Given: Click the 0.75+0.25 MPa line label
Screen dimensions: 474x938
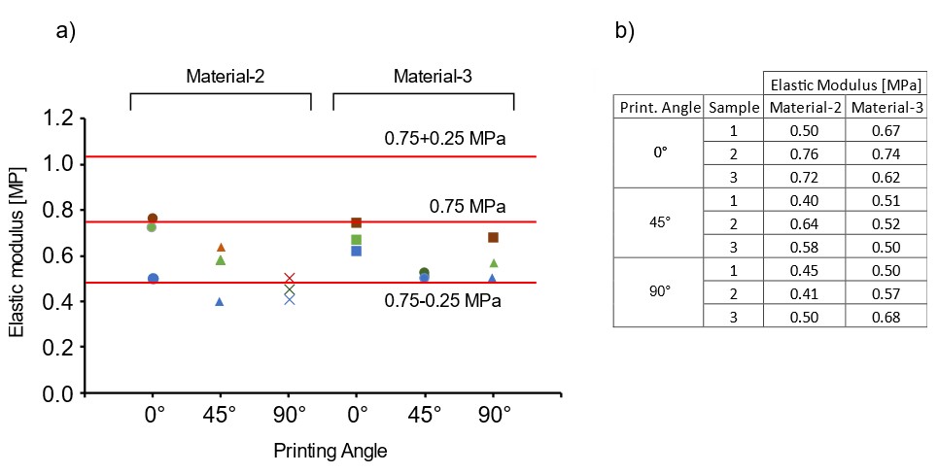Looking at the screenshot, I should [x=445, y=139].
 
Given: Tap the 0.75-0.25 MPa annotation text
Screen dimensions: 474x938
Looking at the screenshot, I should [x=443, y=301].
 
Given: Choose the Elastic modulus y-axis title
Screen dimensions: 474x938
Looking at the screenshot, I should [x=17, y=256].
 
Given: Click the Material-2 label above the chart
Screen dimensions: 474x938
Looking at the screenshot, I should [x=226, y=77].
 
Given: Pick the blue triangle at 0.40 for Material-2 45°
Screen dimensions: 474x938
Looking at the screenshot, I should [x=220, y=302].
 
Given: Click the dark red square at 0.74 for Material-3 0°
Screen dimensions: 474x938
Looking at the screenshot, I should [x=357, y=222].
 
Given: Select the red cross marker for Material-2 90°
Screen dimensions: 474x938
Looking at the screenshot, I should [x=289, y=279].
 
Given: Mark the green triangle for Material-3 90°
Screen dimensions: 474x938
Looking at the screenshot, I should [x=494, y=263].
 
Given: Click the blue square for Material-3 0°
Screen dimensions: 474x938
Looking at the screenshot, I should [x=357, y=251].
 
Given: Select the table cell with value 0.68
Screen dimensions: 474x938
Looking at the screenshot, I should [x=885, y=317].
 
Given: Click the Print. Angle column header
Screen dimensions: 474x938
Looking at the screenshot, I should [x=658, y=108].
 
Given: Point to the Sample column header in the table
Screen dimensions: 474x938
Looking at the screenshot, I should [x=734, y=108].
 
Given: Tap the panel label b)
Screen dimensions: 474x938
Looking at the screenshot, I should [x=624, y=31].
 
